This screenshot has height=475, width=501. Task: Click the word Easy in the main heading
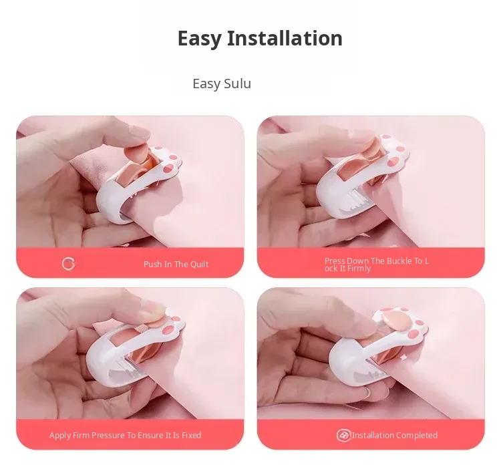[x=199, y=39]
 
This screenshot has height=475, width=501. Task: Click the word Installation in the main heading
[x=285, y=38]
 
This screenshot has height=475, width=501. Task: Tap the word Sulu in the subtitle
[x=237, y=84]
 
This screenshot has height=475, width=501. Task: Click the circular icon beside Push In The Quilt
[x=68, y=264]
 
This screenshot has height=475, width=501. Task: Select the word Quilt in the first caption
[x=199, y=265]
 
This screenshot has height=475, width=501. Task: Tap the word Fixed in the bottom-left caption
[x=192, y=436]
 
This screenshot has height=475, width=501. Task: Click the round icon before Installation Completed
[x=343, y=435]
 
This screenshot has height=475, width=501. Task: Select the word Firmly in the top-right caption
[x=359, y=269]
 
